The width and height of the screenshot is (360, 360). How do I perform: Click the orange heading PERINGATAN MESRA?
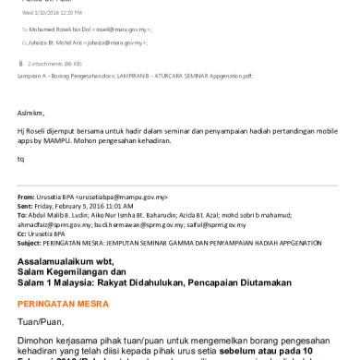61,303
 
